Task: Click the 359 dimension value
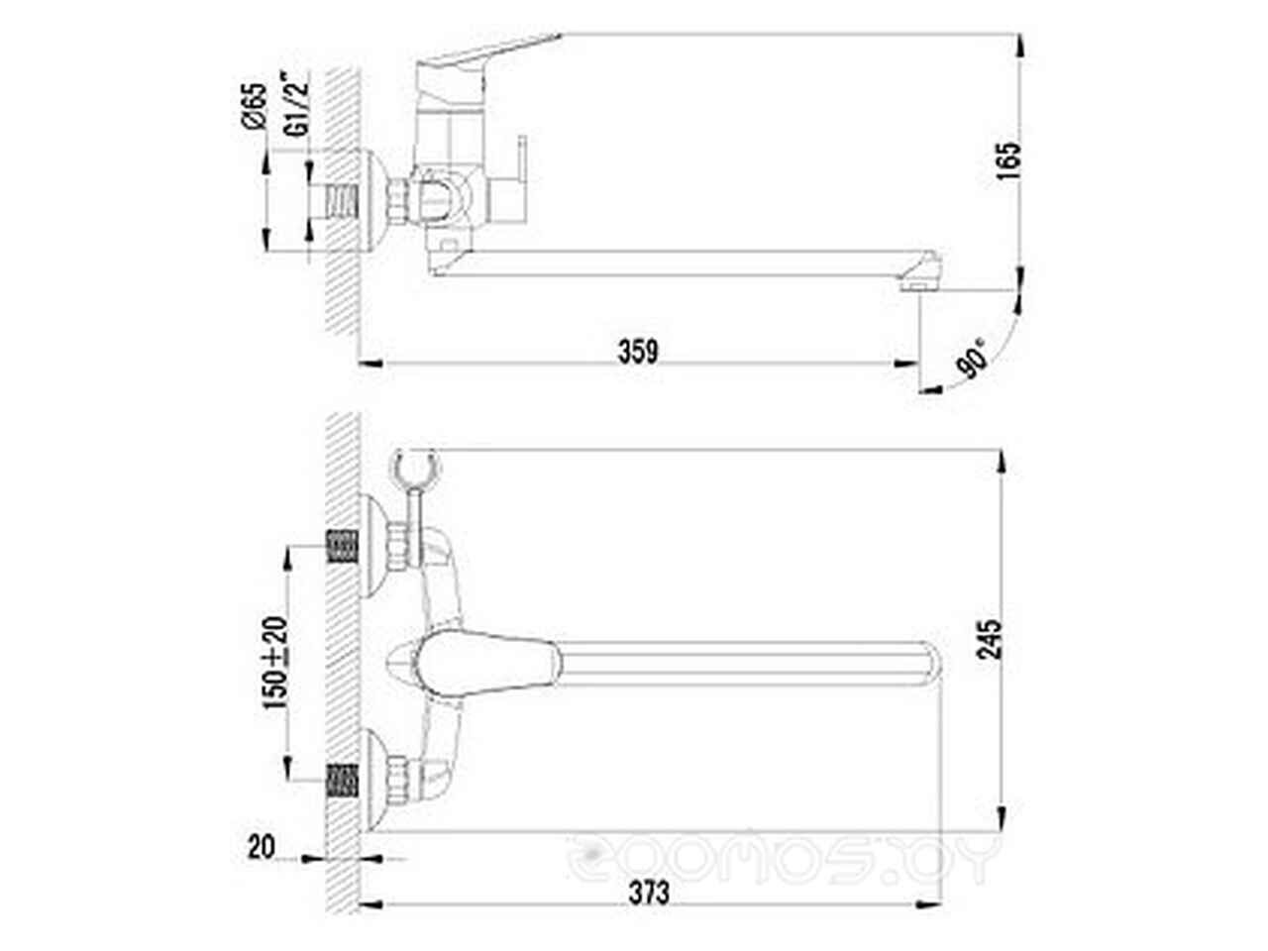pos(638,352)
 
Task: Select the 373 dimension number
pos(649,894)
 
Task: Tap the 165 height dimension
pos(1008,160)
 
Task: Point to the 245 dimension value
pos(989,639)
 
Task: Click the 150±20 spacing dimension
pos(275,663)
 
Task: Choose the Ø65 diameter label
pos(255,105)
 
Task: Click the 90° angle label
pos(972,359)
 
